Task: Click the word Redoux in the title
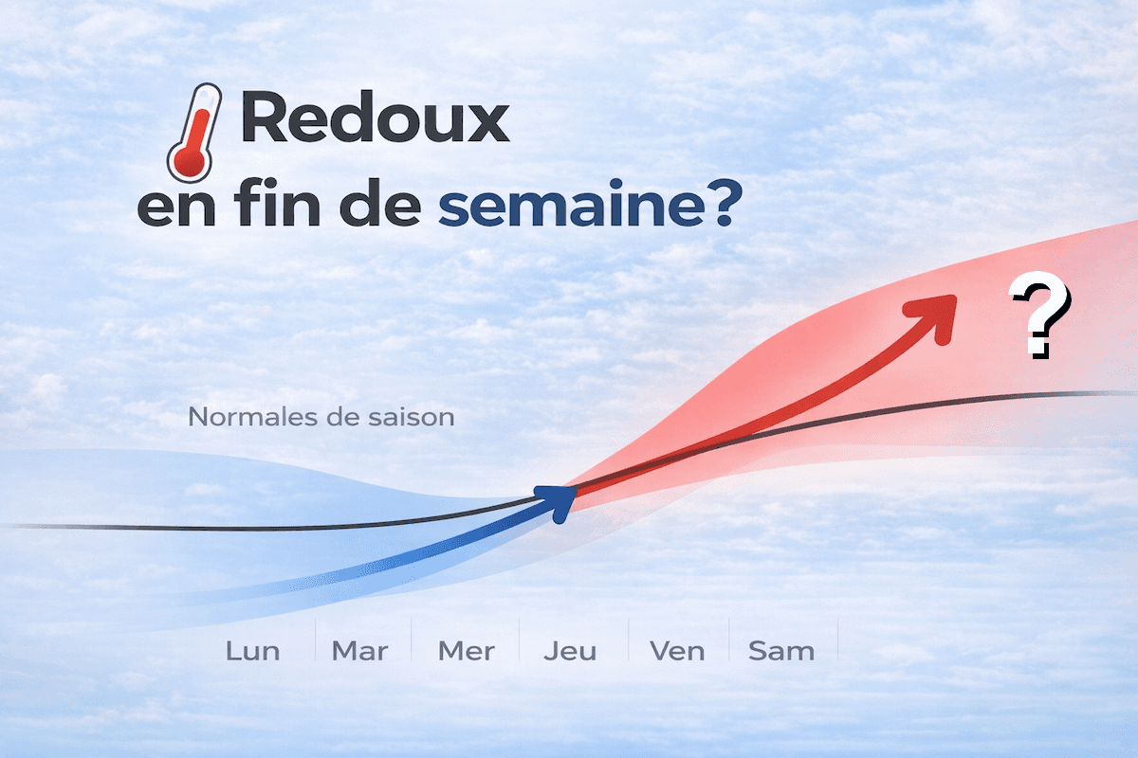point(375,121)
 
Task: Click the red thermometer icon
point(194,133)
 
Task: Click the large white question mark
point(1039,316)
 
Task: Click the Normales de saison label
point(321,416)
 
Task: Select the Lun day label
point(253,651)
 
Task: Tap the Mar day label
point(359,651)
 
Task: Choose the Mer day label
point(466,651)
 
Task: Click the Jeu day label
point(570,651)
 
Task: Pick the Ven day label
point(676,651)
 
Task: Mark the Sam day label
point(780,651)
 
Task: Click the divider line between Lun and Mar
point(315,641)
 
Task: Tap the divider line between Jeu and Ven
point(628,641)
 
